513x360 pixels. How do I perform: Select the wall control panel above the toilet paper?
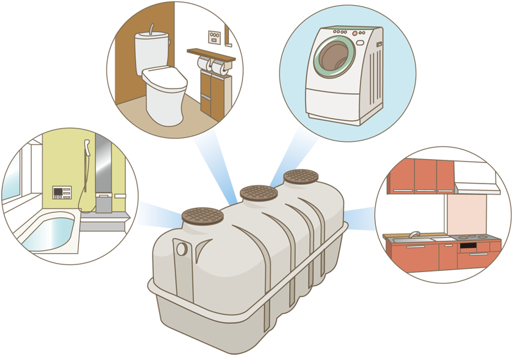click(x=215, y=37)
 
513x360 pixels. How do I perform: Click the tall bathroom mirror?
click(x=103, y=170)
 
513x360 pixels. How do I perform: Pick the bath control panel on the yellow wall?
click(x=61, y=193)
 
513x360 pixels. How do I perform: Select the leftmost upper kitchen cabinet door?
click(x=402, y=176)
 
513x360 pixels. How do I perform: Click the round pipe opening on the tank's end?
click(x=181, y=248)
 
